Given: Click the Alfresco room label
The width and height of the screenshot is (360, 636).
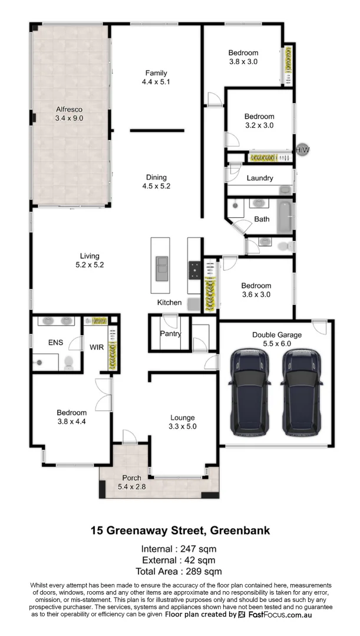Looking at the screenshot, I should [69, 109].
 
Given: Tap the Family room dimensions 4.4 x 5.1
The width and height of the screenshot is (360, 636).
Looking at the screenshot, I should [156, 82].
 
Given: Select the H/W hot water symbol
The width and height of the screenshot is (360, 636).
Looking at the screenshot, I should [303, 150].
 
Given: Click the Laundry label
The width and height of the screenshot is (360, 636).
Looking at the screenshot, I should [259, 178].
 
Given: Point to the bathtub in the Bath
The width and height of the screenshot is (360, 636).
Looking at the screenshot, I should [285, 217].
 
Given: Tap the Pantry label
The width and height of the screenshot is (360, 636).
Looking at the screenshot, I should [170, 334].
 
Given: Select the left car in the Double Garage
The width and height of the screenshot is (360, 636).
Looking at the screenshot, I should [249, 392].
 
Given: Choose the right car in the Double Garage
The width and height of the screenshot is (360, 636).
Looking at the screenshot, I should [300, 392].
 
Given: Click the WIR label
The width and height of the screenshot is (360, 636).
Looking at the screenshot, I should [97, 347].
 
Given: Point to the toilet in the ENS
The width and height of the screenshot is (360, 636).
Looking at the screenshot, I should [68, 362].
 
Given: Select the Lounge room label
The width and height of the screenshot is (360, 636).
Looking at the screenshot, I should [182, 418].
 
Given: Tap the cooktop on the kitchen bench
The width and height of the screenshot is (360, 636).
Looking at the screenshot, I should [193, 269].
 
